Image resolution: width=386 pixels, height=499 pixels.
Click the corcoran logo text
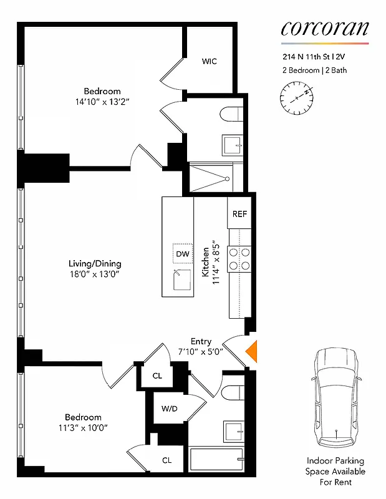coord(324,28)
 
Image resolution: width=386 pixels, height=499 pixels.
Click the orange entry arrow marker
coord(253,352)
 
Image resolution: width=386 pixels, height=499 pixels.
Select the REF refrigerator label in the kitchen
coord(239,214)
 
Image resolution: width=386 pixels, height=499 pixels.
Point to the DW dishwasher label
coord(182,254)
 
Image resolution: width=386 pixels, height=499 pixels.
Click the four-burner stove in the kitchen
coord(239,259)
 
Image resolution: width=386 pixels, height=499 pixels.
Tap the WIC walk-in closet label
coord(210,61)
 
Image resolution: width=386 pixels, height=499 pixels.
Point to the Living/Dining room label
coord(95,263)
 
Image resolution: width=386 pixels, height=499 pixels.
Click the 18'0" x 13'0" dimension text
coord(95,274)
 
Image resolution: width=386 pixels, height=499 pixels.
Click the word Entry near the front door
coord(201,341)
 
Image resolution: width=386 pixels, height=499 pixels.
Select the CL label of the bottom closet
coord(167,460)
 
